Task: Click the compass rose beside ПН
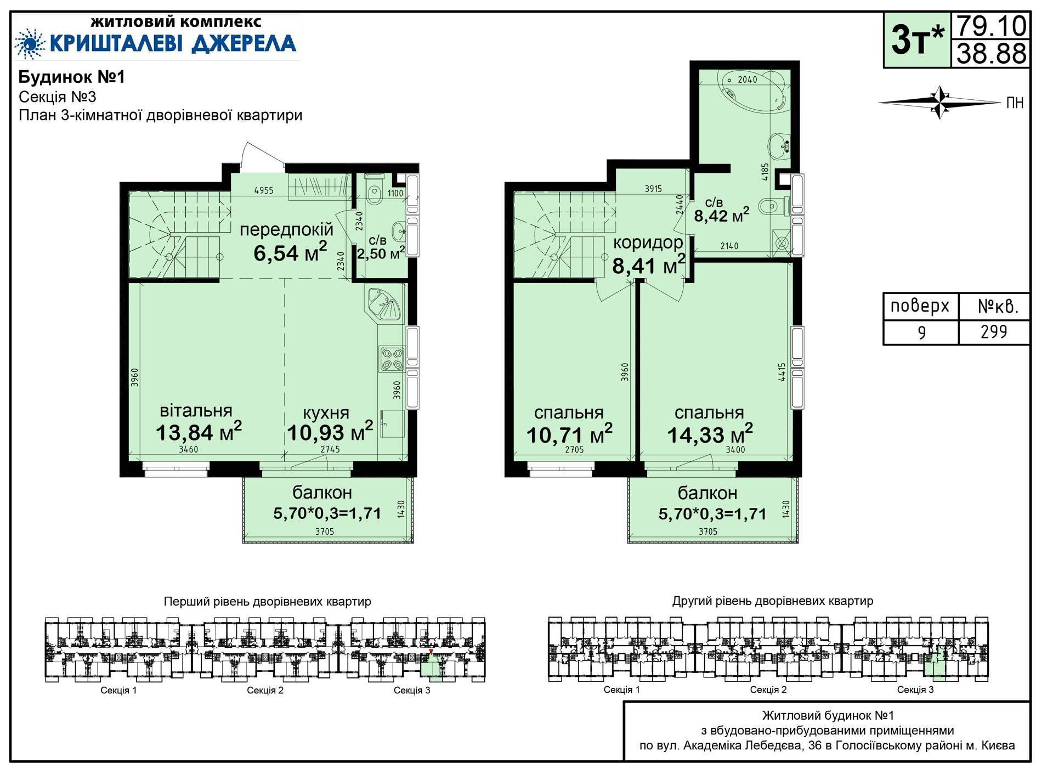[x=940, y=103]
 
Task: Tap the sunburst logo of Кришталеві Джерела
[x=30, y=43]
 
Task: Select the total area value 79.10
[x=991, y=26]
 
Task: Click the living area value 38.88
[x=991, y=54]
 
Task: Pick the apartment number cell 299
[x=994, y=332]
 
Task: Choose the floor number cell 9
[x=921, y=332]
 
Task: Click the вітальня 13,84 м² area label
[x=198, y=423]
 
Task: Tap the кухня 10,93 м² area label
[x=330, y=424]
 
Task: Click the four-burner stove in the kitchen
[x=392, y=358]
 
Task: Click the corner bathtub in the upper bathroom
[x=752, y=91]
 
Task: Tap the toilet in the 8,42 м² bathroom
[x=773, y=207]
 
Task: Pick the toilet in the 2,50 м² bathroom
[x=375, y=190]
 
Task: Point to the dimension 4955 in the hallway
[x=264, y=190]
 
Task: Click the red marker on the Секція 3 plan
[x=431, y=652]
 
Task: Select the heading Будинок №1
[x=72, y=77]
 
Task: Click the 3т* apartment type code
[x=918, y=39]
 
